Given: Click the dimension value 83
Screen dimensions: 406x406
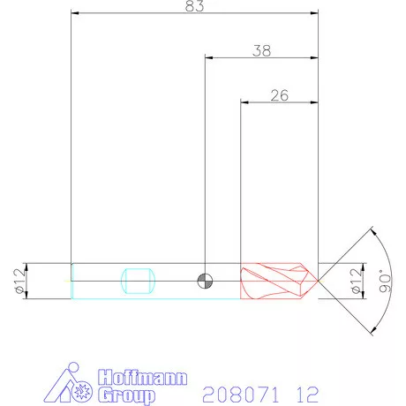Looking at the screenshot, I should [195, 7].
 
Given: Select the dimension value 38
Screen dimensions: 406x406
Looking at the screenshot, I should [261, 50].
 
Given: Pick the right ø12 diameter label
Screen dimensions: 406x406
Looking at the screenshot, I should [356, 281].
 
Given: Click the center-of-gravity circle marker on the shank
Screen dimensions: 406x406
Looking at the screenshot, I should [205, 281].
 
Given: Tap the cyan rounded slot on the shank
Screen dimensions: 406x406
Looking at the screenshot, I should [139, 281].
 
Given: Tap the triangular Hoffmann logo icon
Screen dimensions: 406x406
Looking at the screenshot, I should [71, 386].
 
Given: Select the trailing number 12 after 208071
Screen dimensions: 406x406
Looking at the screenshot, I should [305, 392].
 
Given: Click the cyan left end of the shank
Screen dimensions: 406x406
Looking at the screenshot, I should [72, 281].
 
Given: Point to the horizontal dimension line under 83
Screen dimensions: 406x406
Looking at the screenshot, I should [132, 14].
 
